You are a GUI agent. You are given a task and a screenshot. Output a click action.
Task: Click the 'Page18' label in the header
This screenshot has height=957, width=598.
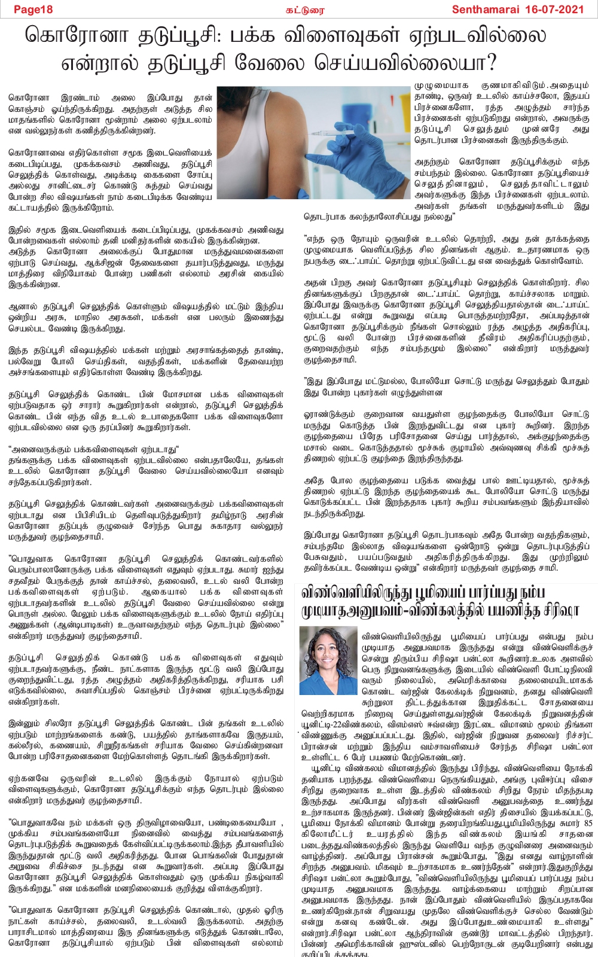[x=33, y=9]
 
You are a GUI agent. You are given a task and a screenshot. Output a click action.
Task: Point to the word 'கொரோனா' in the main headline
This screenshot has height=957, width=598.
[x=77, y=35]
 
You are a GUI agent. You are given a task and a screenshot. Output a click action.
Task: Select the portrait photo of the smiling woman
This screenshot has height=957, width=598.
[x=328, y=661]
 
